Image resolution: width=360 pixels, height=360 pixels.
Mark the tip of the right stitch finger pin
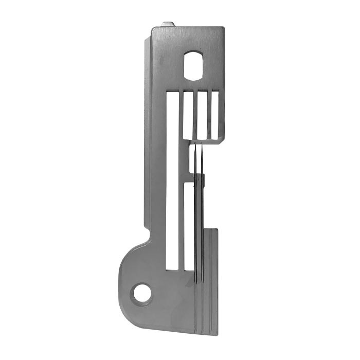tap(202, 147)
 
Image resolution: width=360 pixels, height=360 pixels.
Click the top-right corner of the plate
tap(224, 27)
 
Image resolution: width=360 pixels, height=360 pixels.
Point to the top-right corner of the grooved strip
tap(217, 229)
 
